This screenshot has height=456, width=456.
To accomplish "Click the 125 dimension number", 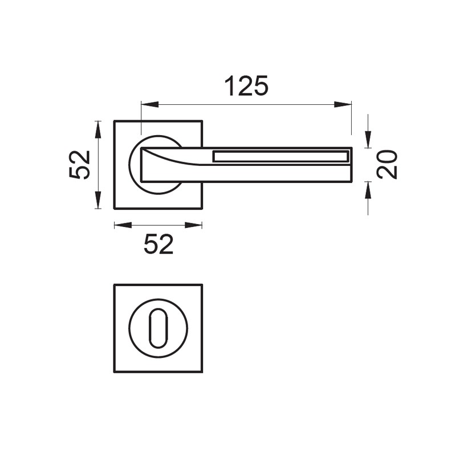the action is click(246, 86).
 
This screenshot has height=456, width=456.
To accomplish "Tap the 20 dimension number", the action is click(387, 164).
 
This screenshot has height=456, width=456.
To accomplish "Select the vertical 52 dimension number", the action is click(80, 165).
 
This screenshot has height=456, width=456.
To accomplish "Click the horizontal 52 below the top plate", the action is click(158, 245).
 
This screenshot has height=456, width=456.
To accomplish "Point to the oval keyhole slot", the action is click(158, 328).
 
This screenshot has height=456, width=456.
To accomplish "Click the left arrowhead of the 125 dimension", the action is click(150, 104).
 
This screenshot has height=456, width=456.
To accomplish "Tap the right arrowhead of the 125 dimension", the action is click(343, 104).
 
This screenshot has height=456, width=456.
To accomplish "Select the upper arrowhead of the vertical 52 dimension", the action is click(98, 130).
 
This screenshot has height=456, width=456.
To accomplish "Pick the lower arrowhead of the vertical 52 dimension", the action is click(98, 200).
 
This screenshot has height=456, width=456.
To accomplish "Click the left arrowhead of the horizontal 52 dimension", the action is click(123, 225).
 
